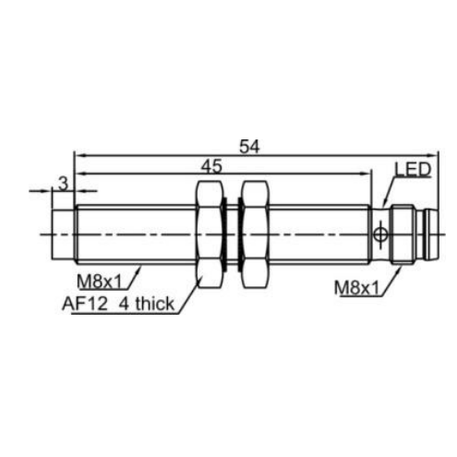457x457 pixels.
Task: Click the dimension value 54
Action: [249, 147]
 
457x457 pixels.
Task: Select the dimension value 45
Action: [211, 166]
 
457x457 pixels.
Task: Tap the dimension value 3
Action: [63, 184]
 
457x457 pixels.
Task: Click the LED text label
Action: [413, 170]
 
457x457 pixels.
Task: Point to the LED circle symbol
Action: [380, 235]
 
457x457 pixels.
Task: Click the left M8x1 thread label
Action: [100, 282]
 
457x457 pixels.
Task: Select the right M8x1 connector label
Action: [356, 288]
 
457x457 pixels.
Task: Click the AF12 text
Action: [85, 304]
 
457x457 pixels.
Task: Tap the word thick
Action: [155, 304]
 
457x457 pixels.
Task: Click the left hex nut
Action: [209, 235]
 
